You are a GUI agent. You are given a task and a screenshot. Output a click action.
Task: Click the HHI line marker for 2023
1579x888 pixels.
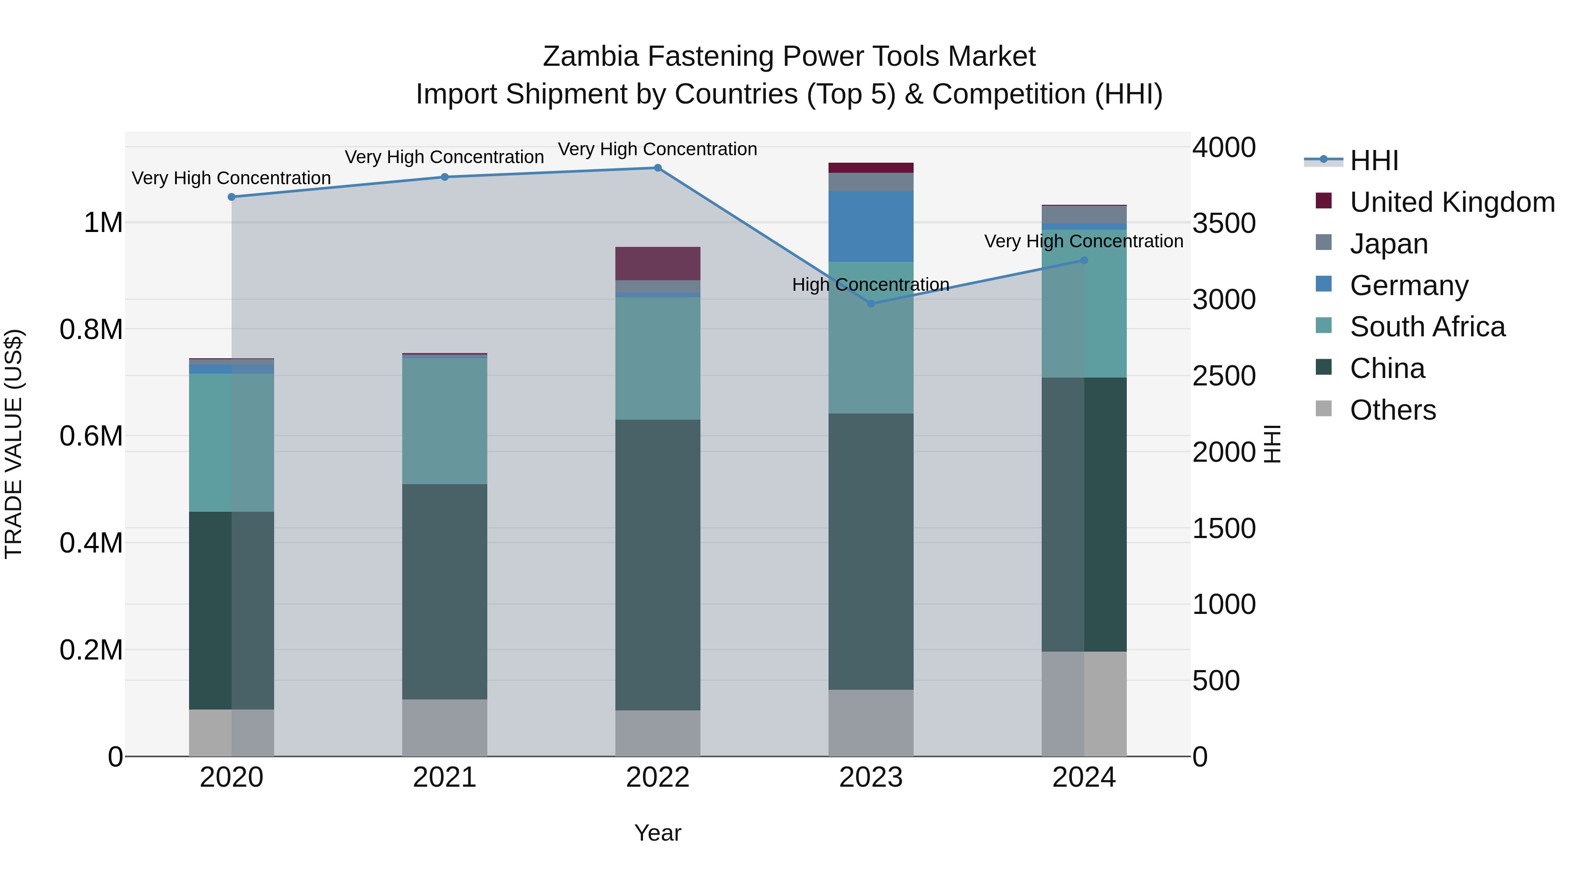click(871, 303)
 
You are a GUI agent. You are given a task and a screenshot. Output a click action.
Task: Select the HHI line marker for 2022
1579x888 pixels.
click(658, 168)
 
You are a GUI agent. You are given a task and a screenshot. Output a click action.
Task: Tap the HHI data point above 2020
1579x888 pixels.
click(232, 197)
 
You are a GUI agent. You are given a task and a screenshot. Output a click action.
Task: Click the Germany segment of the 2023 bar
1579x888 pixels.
click(871, 226)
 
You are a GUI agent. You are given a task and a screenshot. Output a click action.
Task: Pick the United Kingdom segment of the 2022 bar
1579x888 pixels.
click(658, 264)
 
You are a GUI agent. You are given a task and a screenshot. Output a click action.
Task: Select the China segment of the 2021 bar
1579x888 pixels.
click(444, 592)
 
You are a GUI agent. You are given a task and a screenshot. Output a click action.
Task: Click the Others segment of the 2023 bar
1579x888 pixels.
click(871, 723)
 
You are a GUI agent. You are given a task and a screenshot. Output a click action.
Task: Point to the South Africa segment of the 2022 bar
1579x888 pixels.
click(658, 359)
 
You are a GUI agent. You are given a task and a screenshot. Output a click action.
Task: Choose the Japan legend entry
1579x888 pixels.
click(1388, 243)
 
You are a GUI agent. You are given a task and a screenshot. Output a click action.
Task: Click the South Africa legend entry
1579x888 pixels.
click(1427, 327)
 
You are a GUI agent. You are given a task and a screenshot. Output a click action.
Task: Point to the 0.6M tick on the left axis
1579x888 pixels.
click(91, 436)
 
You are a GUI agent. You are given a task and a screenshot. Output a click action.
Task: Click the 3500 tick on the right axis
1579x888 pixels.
click(1223, 223)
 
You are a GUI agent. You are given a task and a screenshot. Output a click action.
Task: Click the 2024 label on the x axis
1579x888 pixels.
click(1084, 777)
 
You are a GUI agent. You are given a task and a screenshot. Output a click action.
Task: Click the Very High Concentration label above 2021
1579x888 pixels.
click(444, 157)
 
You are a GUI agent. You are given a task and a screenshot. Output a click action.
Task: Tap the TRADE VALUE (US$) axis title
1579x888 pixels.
click(14, 444)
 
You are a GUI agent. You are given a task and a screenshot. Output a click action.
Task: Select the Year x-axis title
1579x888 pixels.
click(658, 833)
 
